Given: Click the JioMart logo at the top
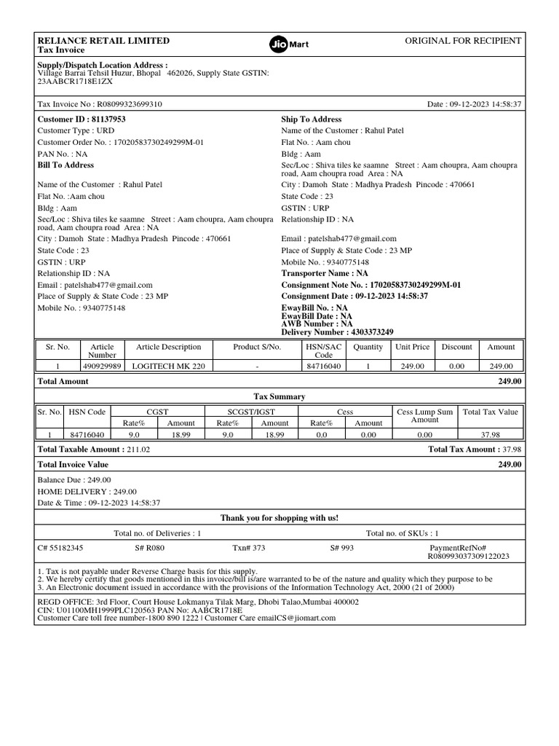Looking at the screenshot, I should pos(289,44).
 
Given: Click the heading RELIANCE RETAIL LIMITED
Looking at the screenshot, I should pos(103,41).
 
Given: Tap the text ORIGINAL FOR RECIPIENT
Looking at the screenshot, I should pos(463,41).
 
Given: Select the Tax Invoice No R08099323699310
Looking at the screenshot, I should pos(100,104).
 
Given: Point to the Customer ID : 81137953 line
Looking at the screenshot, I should pos(82,119).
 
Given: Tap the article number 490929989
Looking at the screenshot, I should pos(102,366).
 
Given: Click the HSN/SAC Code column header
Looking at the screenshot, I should pos(323,351).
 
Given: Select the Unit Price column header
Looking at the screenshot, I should pos(412,347).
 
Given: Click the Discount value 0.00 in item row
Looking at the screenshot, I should pos(456,366).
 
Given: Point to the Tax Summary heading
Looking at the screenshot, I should pos(279,396).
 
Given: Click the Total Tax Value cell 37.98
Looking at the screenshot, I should pos(490,435).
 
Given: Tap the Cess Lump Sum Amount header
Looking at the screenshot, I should pos(424,416).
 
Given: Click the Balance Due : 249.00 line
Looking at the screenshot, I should pos(74,480).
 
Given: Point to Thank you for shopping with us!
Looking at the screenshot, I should pos(279,518).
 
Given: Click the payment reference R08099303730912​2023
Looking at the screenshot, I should pos(468,556).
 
